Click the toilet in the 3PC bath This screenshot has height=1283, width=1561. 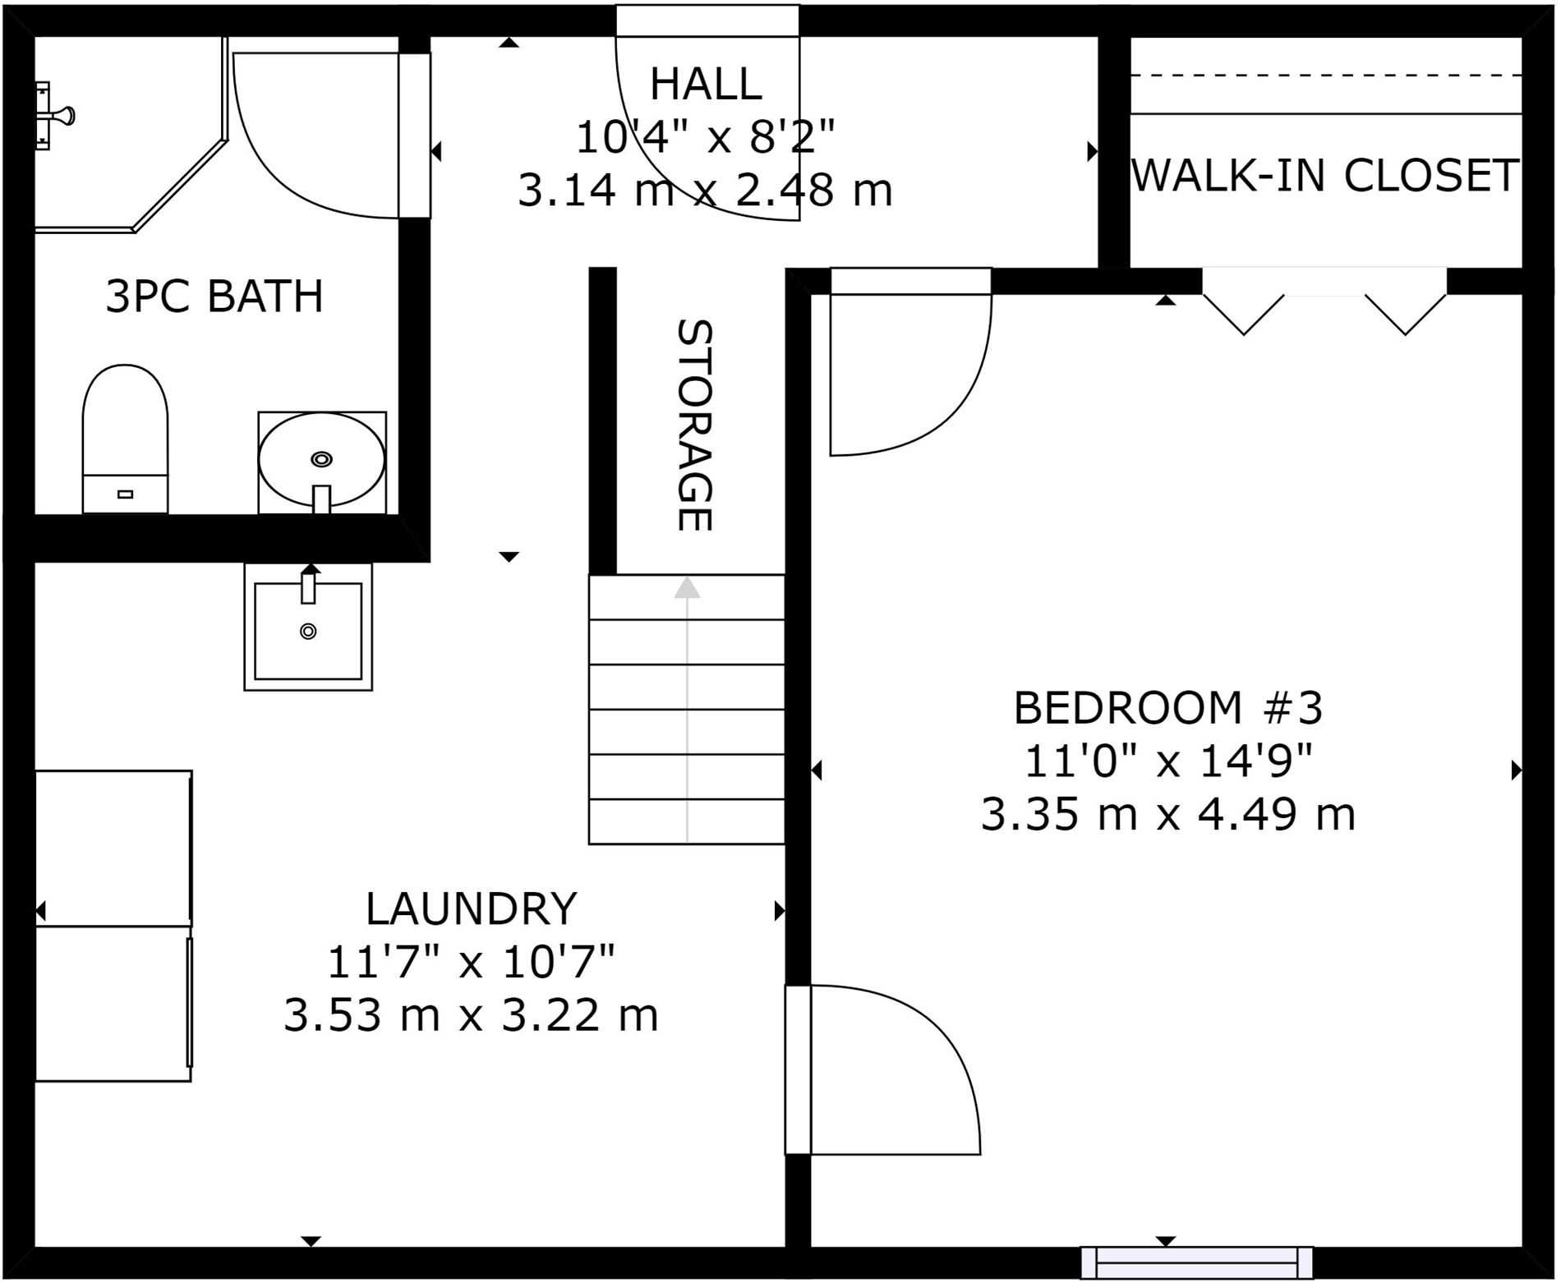(x=125, y=439)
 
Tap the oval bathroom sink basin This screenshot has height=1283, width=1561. (x=321, y=459)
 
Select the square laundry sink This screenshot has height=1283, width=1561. (x=308, y=627)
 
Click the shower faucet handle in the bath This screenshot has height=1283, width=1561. (x=58, y=116)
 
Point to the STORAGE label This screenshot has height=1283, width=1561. (x=694, y=425)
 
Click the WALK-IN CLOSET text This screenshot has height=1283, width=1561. (x=1325, y=175)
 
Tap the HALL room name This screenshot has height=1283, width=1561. (x=706, y=84)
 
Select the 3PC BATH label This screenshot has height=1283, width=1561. (x=214, y=297)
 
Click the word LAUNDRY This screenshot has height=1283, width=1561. (x=471, y=908)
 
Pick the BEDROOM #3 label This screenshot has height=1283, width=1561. (x=1168, y=708)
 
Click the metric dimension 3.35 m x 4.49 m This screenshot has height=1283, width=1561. (x=1168, y=816)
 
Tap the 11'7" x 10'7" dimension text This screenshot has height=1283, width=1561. (x=471, y=962)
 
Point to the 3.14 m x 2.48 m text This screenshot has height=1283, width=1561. (x=705, y=191)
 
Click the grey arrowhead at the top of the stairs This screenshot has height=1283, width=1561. (x=687, y=587)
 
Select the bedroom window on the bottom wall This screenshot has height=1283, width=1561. (x=1196, y=1262)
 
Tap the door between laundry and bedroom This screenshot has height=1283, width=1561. (x=883, y=1069)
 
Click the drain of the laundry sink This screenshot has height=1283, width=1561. (x=308, y=631)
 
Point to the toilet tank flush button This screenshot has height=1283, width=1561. (x=125, y=494)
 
